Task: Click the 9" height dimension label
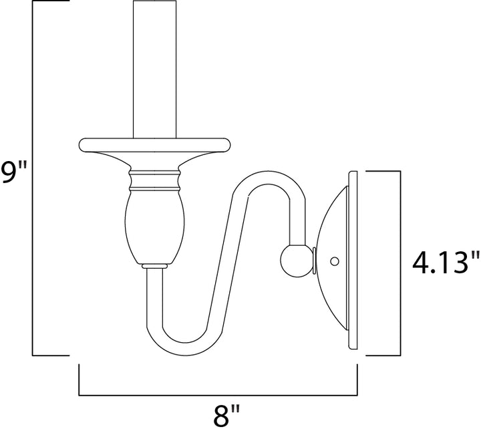13,172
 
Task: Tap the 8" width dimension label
226,415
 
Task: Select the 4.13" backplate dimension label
446,263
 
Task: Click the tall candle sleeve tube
154,69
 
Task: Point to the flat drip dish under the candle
154,145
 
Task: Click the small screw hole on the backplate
335,261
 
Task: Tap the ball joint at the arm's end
296,261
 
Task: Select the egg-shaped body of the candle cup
154,227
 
